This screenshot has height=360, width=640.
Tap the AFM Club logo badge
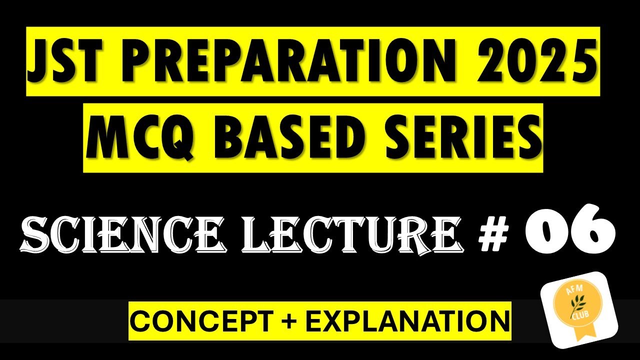(579, 307)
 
